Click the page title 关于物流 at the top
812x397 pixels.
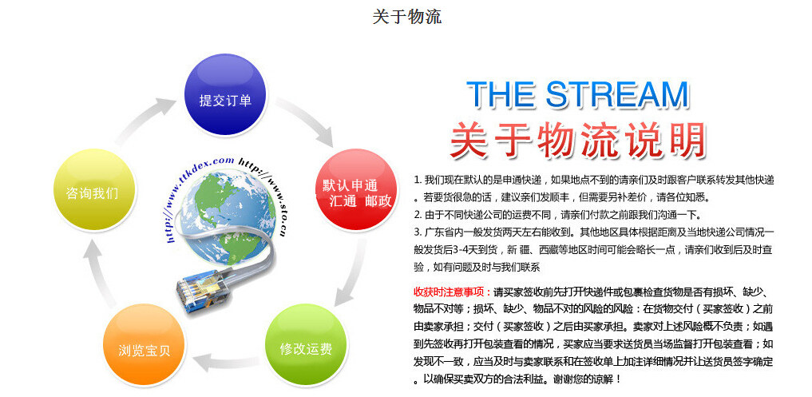tap(407, 16)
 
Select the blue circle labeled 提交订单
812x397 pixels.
tap(225, 95)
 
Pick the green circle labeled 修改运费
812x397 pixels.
tap(306, 344)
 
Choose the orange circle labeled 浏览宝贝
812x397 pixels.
tap(144, 344)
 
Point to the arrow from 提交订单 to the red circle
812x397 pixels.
tap(305, 119)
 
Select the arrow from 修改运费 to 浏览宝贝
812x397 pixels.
tap(226, 362)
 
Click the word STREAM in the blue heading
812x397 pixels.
tap(617, 95)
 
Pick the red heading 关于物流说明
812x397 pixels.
tap(578, 140)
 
